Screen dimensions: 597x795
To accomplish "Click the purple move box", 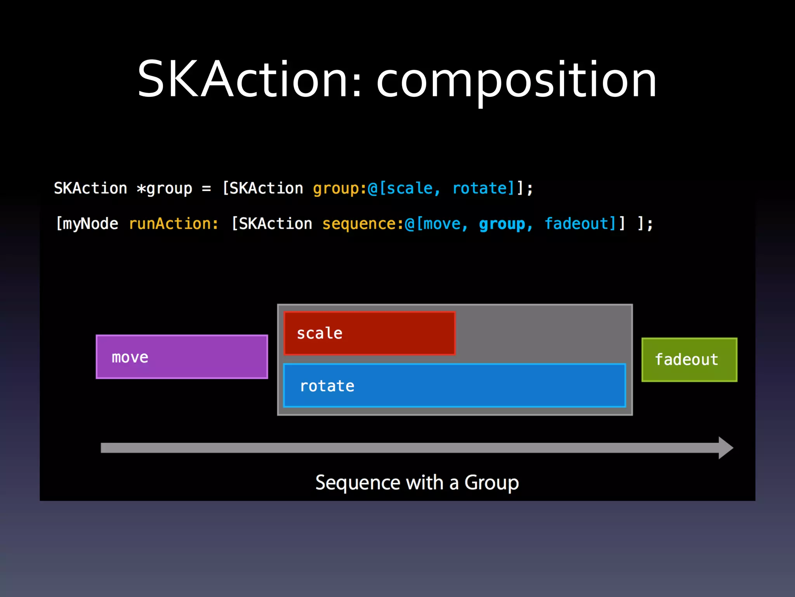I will [182, 357].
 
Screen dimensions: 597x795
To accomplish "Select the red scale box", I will [369, 333].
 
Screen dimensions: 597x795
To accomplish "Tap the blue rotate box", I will [454, 386].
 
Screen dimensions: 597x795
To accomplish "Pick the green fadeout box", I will [689, 360].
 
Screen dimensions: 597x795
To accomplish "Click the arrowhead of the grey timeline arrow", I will [725, 448].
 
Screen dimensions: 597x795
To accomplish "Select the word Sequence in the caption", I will [357, 483].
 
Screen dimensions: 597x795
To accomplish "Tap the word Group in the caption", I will [491, 483].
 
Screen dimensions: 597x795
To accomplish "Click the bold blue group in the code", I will [502, 224].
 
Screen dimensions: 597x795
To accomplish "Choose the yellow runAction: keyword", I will [174, 224].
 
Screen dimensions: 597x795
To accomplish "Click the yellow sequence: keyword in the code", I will [363, 224].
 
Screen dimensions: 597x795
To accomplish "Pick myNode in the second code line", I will [90, 224].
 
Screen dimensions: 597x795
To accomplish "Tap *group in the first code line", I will [165, 189].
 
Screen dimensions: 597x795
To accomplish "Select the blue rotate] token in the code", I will [483, 189].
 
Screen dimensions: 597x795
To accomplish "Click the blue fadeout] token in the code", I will [580, 224].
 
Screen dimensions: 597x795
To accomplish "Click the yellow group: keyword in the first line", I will [339, 189].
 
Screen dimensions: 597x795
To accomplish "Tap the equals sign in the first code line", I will [207, 189].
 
